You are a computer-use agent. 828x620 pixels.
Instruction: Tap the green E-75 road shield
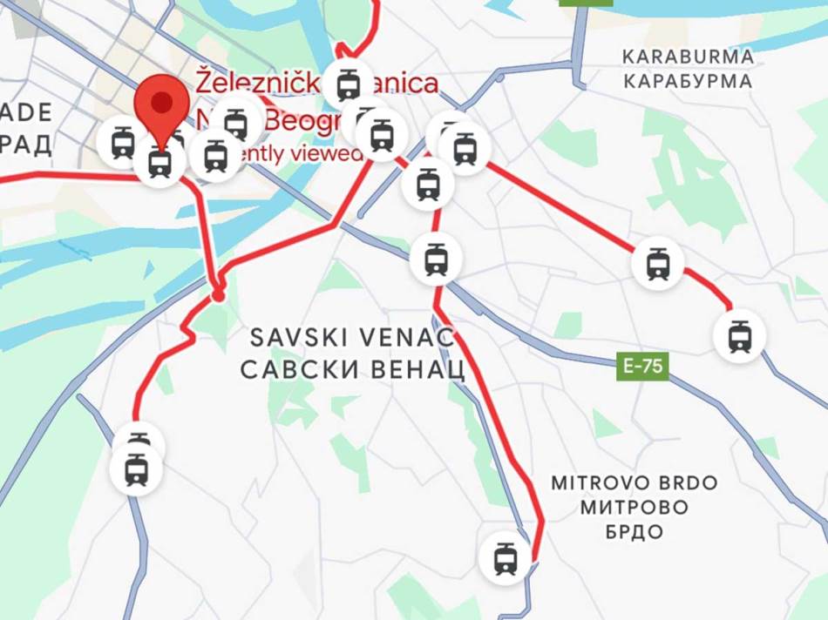tap(644, 366)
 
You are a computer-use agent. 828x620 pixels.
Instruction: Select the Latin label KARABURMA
tap(688, 57)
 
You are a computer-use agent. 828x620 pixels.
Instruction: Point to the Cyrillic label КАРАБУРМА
tap(688, 82)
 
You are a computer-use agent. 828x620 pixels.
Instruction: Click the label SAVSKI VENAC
tap(352, 337)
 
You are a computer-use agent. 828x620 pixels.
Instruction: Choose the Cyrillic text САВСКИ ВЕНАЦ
tap(352, 370)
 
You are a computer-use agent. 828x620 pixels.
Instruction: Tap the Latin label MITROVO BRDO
tap(635, 482)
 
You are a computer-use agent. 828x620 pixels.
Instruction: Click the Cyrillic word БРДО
tap(635, 531)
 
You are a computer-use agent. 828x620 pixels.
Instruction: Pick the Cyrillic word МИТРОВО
tap(635, 507)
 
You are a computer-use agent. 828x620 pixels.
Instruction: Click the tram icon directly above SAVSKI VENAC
tap(436, 259)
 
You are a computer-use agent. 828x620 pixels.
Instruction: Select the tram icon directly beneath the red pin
tap(159, 161)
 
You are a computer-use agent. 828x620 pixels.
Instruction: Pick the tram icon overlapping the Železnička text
tap(349, 83)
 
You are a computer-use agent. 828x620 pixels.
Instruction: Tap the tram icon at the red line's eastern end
tap(739, 336)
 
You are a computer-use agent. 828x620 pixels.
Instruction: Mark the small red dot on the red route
tap(218, 296)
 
